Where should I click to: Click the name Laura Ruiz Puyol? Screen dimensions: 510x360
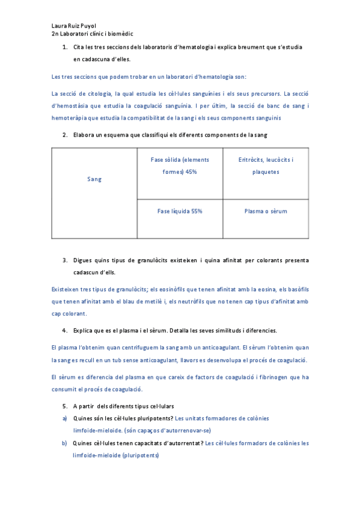pos(74,26)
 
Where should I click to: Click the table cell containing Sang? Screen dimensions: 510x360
pos(94,179)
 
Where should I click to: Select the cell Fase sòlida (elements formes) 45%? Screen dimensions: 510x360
pos(180,165)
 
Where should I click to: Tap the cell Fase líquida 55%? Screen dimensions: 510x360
pos(180,212)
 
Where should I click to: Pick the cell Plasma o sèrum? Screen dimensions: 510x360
pos(266,212)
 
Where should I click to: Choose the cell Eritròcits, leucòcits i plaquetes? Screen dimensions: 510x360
pos(266,165)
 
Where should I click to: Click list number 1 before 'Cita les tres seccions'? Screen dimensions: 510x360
pos(64,47)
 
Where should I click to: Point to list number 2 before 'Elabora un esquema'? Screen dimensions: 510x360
pos(64,135)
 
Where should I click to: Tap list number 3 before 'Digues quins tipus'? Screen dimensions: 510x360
pos(64,260)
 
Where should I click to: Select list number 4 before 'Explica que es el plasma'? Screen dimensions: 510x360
pos(64,331)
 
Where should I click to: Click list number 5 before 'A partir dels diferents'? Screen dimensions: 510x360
pos(64,407)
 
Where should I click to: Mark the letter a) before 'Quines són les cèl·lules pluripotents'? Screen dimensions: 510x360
pos(64,419)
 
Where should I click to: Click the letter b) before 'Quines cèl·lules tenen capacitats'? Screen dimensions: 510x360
pos(64,443)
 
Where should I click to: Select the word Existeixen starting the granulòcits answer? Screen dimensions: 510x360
pos(66,290)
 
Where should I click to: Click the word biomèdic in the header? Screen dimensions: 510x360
pos(119,35)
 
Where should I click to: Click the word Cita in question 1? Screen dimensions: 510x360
pos(78,47)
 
